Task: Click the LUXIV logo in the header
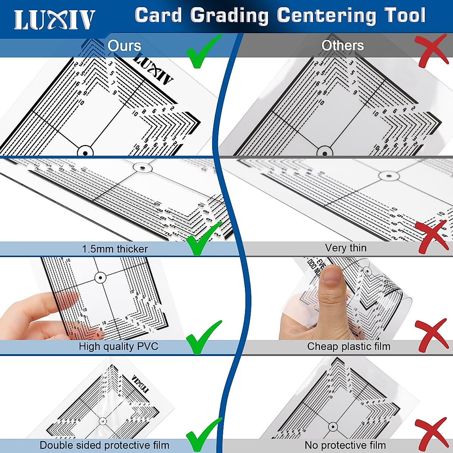point(55,20)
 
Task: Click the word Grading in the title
point(230,16)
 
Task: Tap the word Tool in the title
point(405,16)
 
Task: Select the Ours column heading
point(124,46)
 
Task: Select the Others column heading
point(342,46)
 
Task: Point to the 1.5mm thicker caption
point(115,249)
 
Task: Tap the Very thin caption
point(345,248)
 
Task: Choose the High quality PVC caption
point(118,347)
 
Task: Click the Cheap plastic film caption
point(348,347)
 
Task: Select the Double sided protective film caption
point(105,445)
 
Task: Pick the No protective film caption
point(345,445)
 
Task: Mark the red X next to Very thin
point(431,237)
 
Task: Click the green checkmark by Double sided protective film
point(203,436)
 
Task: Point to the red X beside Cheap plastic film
point(431,336)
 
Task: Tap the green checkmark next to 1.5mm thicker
point(203,239)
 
